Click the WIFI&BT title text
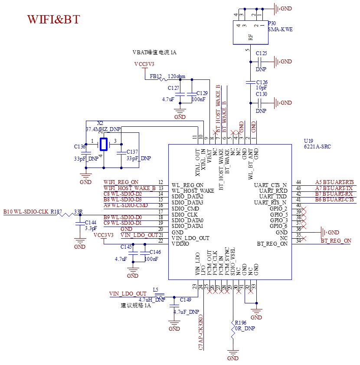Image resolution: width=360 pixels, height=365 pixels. click(x=54, y=20)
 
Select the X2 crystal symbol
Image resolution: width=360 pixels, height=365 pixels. click(x=104, y=143)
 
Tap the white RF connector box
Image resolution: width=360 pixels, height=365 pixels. click(x=250, y=33)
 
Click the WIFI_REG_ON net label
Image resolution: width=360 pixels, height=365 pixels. click(x=121, y=182)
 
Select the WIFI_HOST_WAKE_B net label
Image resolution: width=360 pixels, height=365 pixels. click(x=130, y=188)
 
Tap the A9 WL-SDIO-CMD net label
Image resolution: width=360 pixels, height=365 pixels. click(x=126, y=205)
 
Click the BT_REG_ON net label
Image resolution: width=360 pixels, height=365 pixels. click(x=336, y=241)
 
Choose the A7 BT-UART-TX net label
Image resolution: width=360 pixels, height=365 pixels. click(x=334, y=188)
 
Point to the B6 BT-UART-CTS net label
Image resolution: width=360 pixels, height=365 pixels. click(x=334, y=200)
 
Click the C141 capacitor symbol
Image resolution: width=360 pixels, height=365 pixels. click(x=80, y=224)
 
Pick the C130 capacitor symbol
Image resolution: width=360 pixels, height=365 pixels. click(x=261, y=103)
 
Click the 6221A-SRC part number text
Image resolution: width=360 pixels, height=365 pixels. click(x=317, y=147)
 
